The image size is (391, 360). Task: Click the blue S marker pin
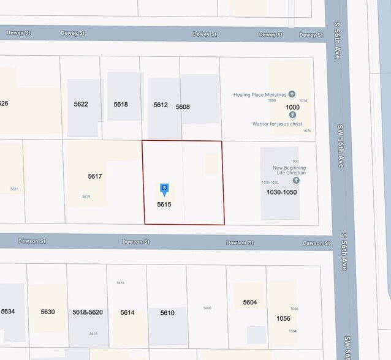tap(164, 189)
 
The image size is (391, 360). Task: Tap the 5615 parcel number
tap(164, 204)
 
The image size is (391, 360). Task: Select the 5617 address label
tap(94, 176)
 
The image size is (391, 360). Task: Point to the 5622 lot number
tap(81, 104)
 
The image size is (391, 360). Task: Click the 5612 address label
tap(161, 105)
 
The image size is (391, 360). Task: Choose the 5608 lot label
tap(183, 107)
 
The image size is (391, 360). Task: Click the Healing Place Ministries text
tap(260, 95)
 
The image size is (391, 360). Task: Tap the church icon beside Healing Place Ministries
tap(292, 94)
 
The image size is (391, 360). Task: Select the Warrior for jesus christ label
tap(278, 124)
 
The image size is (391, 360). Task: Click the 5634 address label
tap(8, 312)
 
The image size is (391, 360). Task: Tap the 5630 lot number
tap(48, 312)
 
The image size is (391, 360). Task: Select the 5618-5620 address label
tap(87, 312)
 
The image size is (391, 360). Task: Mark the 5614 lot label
tap(127, 313)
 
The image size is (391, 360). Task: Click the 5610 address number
tap(167, 313)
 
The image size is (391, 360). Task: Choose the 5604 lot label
tap(249, 302)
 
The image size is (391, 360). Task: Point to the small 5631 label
tap(14, 189)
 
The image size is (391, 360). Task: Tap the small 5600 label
tap(207, 308)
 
